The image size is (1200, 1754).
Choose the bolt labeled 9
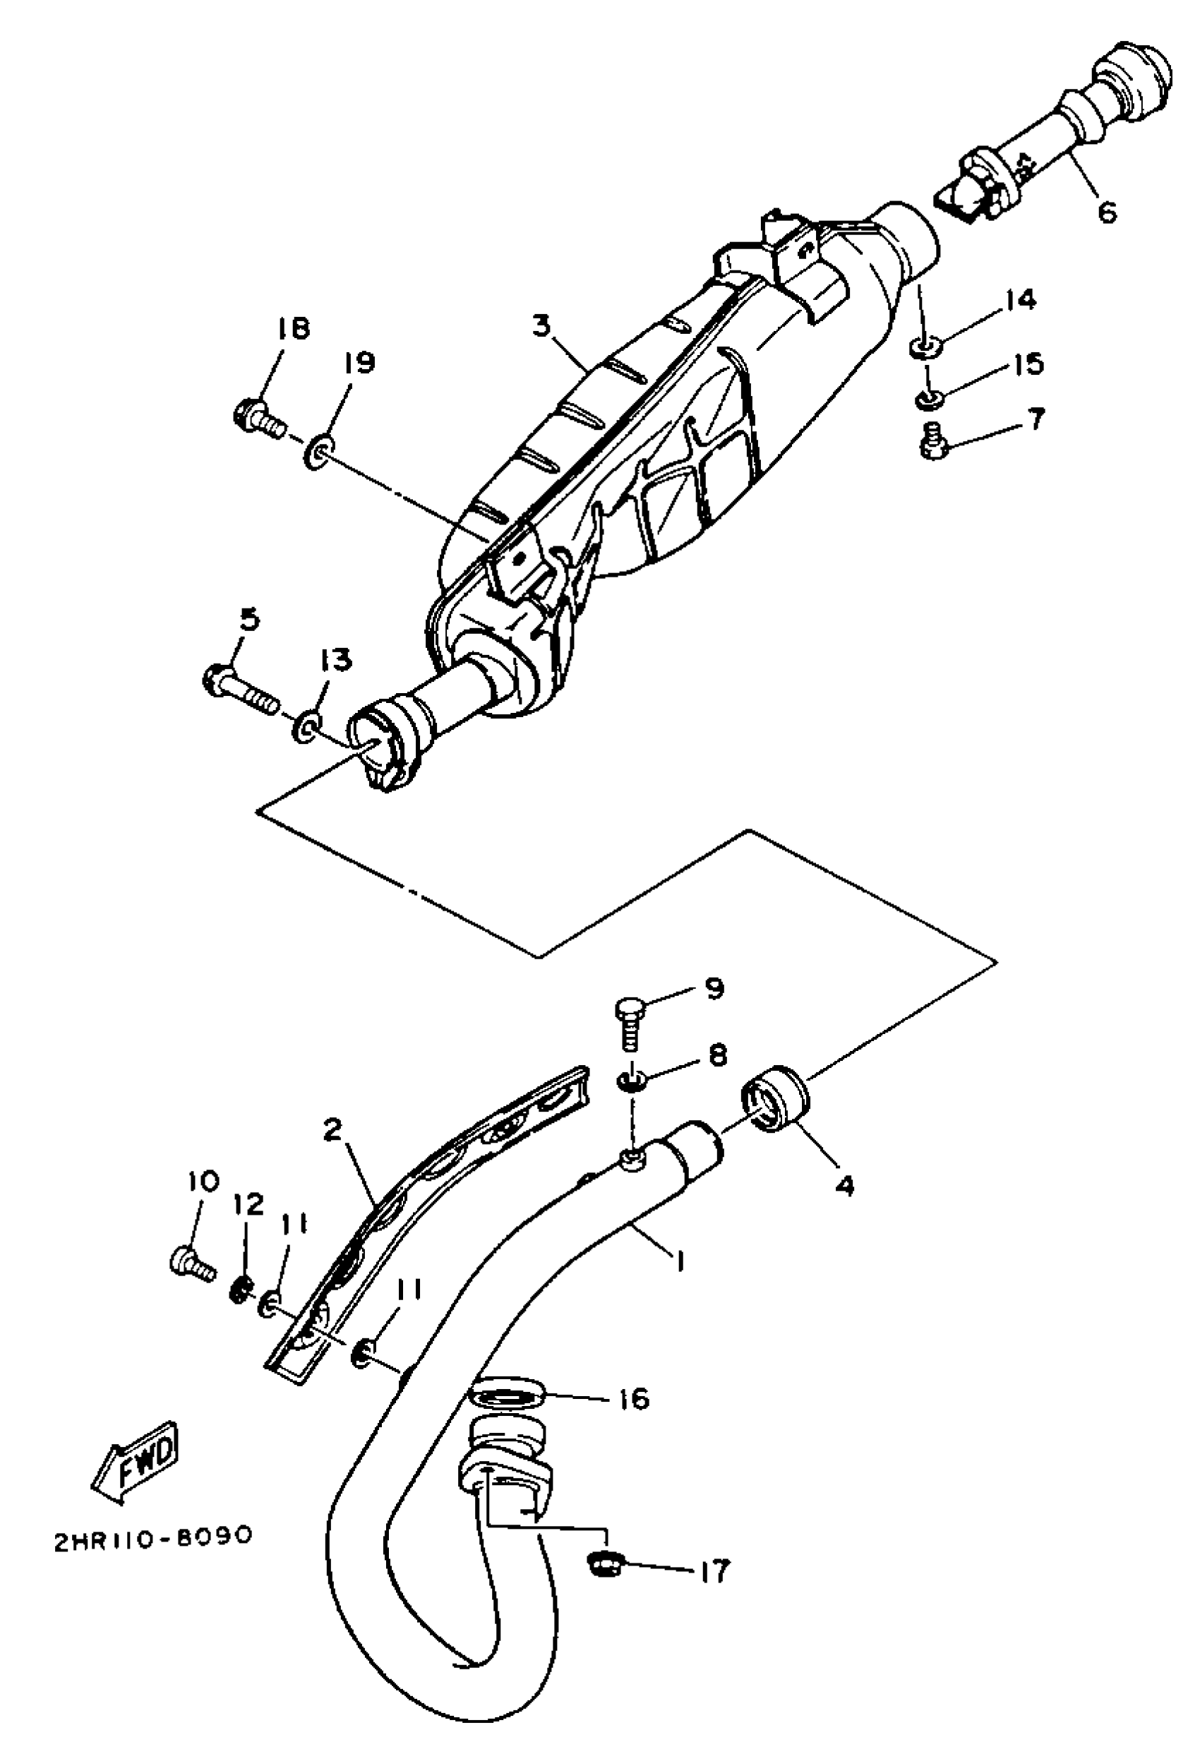pos(630,1023)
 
